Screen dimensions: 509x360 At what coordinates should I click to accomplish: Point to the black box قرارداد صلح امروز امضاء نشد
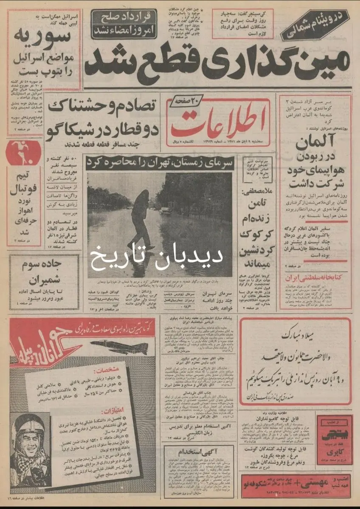(124, 24)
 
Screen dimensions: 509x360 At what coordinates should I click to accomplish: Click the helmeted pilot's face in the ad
(31, 441)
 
